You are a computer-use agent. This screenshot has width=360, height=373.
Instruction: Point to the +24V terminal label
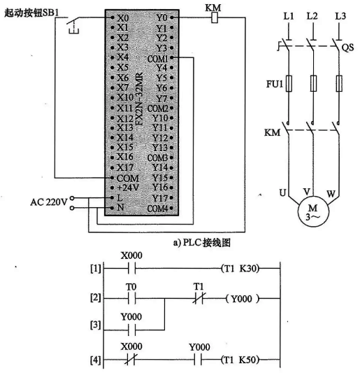tap(128, 188)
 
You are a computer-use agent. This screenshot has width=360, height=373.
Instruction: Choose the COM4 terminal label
tap(159, 209)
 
